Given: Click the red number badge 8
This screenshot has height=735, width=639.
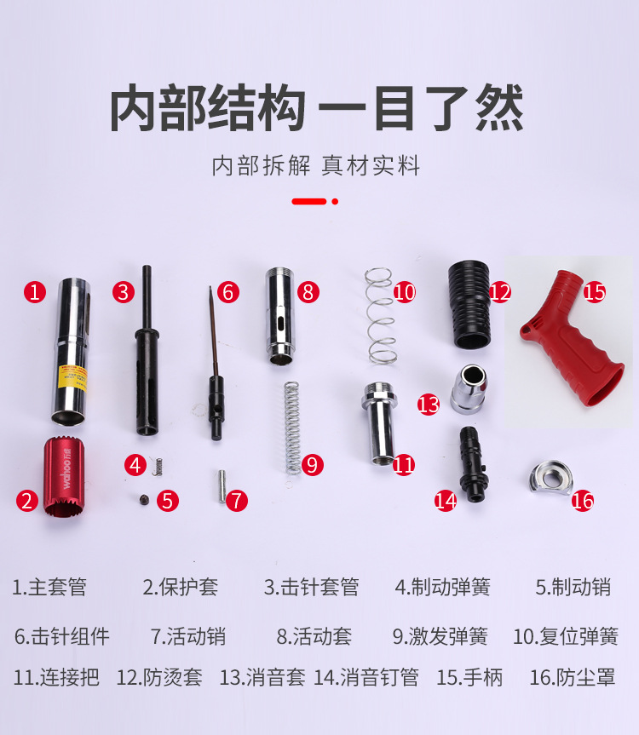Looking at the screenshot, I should pos(308,292).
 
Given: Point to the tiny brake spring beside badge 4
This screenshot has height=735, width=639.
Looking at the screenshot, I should pos(157,465).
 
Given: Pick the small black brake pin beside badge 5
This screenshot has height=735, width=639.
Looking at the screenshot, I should pos(144,499).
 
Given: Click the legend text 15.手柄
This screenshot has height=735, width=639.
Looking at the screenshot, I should pos(469,678).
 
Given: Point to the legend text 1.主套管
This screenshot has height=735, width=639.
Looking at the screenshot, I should pos(49,587).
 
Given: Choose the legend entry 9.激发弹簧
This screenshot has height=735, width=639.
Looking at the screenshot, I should pos(440,636).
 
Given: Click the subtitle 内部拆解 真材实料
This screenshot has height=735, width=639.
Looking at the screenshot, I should pos(316,165).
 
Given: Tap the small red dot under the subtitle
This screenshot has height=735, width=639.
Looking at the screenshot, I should pos(335,202).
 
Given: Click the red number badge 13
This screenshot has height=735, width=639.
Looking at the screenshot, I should pos(428,404).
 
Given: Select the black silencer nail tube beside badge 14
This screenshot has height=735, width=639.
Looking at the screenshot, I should pos(470,464).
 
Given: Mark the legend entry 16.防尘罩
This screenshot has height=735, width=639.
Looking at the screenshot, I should pos(572,678).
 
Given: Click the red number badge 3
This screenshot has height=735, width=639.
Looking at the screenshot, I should pos(124,292).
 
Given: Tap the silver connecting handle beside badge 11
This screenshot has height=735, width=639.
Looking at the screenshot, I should pos(376,422).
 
